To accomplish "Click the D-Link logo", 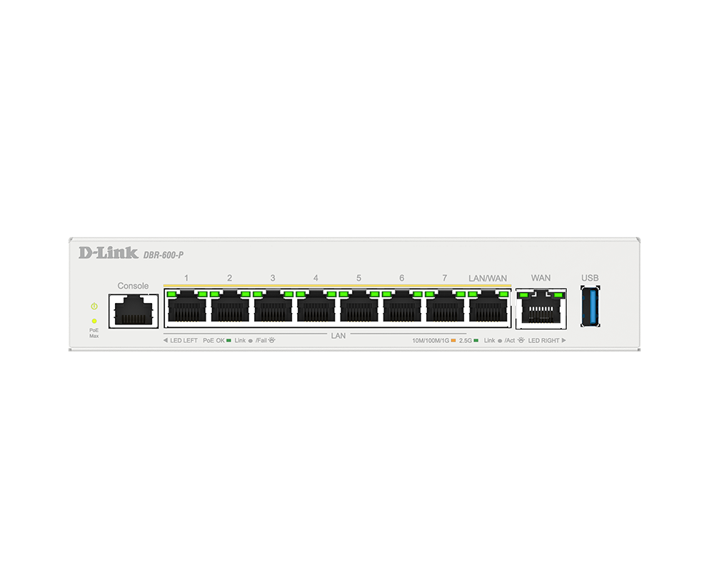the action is pyautogui.click(x=109, y=253).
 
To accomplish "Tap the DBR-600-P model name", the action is pyautogui.click(x=164, y=255).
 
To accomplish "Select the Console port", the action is pyautogui.click(x=134, y=311).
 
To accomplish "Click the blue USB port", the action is pyautogui.click(x=590, y=306).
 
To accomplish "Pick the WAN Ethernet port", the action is pyautogui.click(x=541, y=309).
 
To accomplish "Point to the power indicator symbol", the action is pyautogui.click(x=94, y=306).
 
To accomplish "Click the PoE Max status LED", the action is pyautogui.click(x=94, y=322).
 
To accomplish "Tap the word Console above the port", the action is pyautogui.click(x=133, y=286).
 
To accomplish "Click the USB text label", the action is pyautogui.click(x=590, y=278).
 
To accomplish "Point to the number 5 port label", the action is pyautogui.click(x=359, y=278).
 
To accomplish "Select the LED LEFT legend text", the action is pyautogui.click(x=184, y=340).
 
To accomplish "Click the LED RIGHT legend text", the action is pyautogui.click(x=543, y=340).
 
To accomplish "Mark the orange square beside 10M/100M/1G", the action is pyautogui.click(x=453, y=340).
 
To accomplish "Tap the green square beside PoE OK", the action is pyautogui.click(x=228, y=340).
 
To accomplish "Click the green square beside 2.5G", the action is pyautogui.click(x=476, y=340).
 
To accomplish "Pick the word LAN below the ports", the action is pyautogui.click(x=338, y=336).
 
